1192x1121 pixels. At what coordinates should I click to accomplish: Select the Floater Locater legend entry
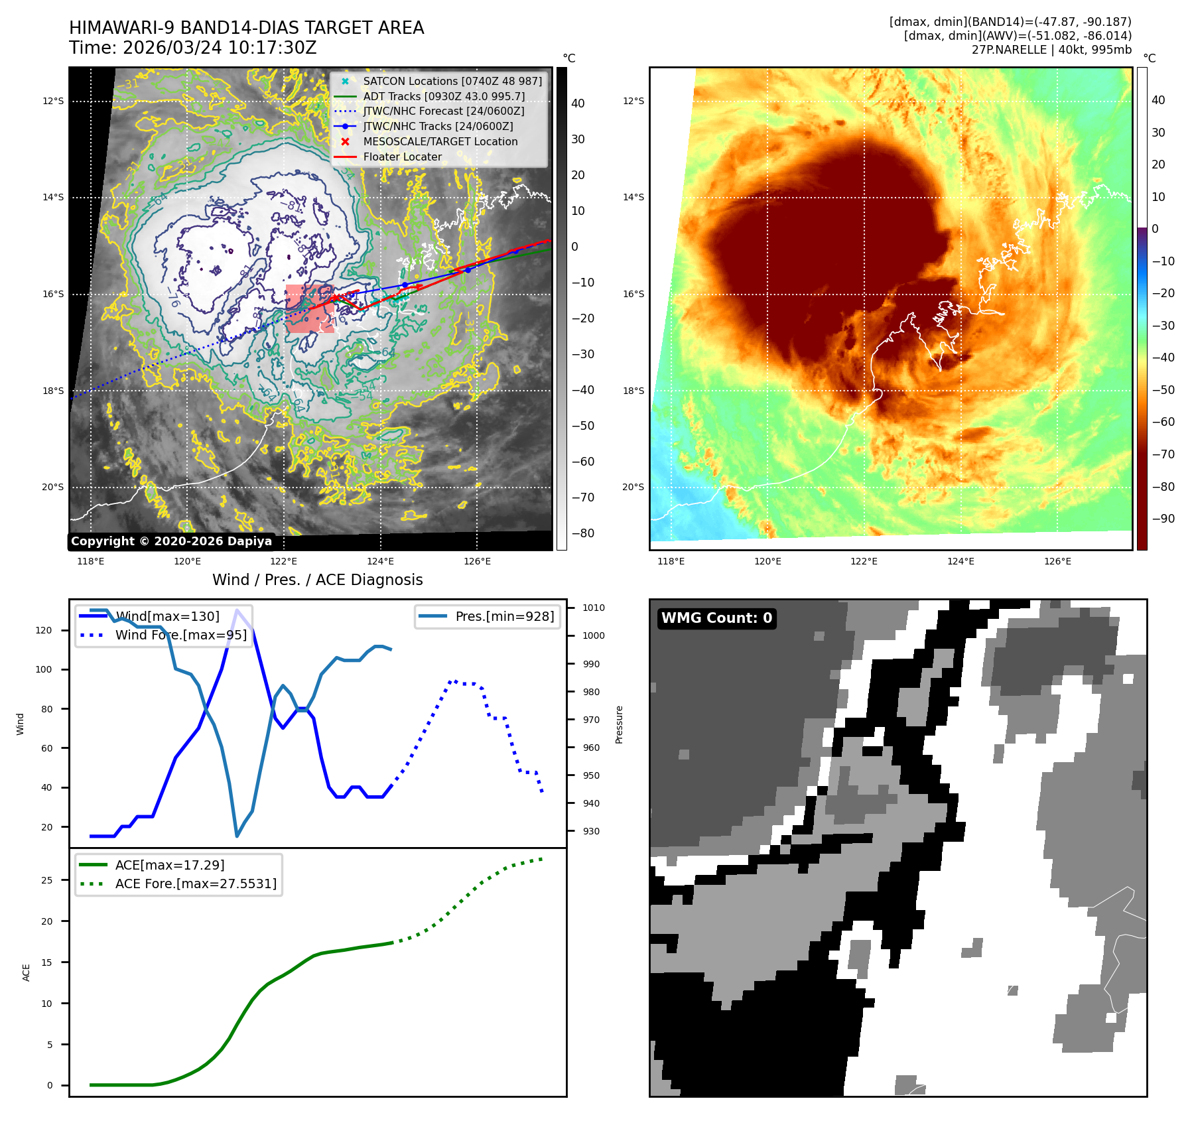[402, 157]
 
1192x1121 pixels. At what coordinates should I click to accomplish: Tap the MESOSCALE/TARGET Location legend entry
[440, 141]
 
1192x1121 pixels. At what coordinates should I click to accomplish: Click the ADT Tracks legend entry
[444, 96]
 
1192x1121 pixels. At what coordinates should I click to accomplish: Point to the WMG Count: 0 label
[716, 618]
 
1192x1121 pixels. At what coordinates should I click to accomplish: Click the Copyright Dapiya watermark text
[171, 541]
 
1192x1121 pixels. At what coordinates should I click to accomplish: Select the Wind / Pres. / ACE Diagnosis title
[317, 580]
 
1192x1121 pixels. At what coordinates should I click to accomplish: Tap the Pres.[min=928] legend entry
[504, 616]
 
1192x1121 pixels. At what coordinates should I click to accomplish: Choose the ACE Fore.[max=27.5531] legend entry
[196, 884]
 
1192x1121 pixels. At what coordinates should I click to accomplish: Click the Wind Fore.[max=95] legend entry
[180, 635]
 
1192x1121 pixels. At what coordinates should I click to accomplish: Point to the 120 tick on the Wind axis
[44, 630]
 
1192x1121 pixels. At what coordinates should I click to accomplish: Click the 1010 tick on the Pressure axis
[594, 608]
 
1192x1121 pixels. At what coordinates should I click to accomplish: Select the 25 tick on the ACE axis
[46, 880]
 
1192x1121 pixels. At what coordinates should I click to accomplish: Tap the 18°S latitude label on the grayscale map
[53, 391]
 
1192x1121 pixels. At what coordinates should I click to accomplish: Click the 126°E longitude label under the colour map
[1057, 561]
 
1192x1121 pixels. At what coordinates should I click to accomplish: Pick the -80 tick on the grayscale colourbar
[583, 533]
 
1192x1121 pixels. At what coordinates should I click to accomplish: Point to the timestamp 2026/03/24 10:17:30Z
[220, 48]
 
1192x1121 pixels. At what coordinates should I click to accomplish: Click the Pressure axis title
[619, 724]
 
